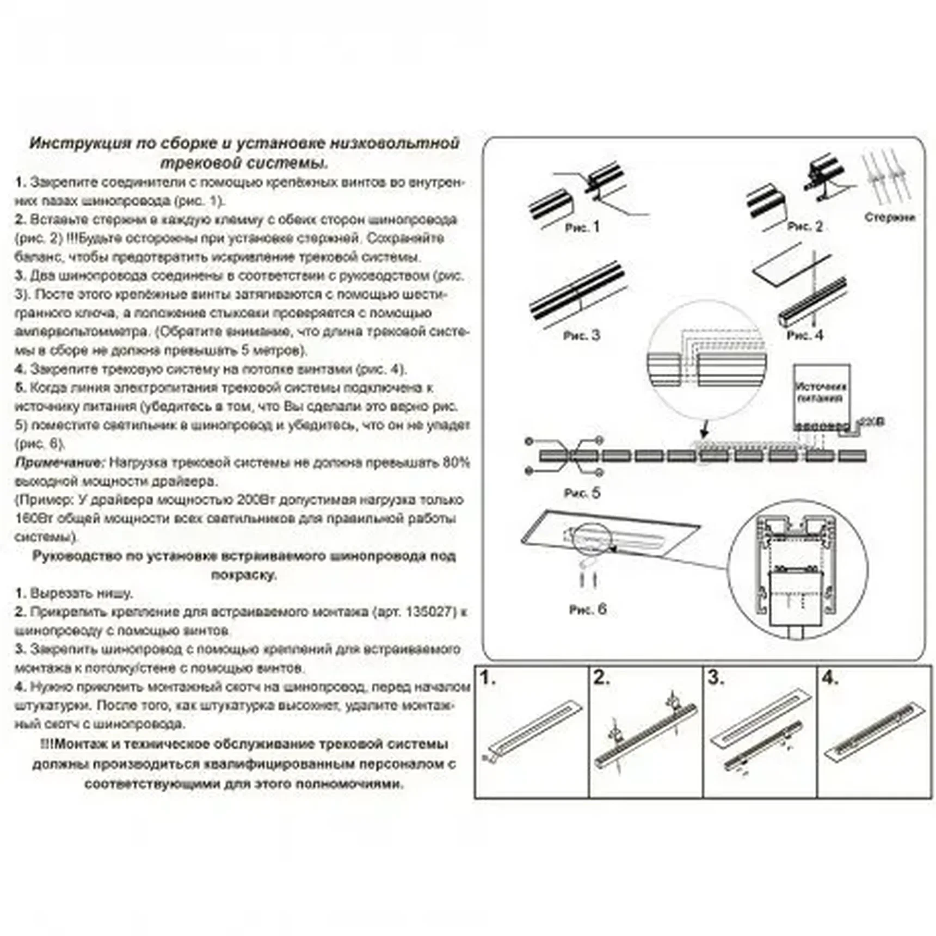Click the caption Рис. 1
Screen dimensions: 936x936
tap(582, 227)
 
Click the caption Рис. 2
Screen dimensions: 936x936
tap(805, 226)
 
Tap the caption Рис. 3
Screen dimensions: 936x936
tap(581, 335)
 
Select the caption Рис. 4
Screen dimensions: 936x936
tap(804, 336)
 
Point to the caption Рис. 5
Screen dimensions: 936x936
tap(582, 493)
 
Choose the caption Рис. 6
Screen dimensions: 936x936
tap(587, 609)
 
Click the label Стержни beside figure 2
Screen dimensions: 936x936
tap(889, 217)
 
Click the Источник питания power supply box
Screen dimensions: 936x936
tap(821, 392)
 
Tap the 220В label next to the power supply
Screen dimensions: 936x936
tap(873, 422)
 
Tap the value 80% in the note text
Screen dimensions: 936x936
tap(456, 463)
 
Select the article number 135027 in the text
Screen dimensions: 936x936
tap(430, 612)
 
